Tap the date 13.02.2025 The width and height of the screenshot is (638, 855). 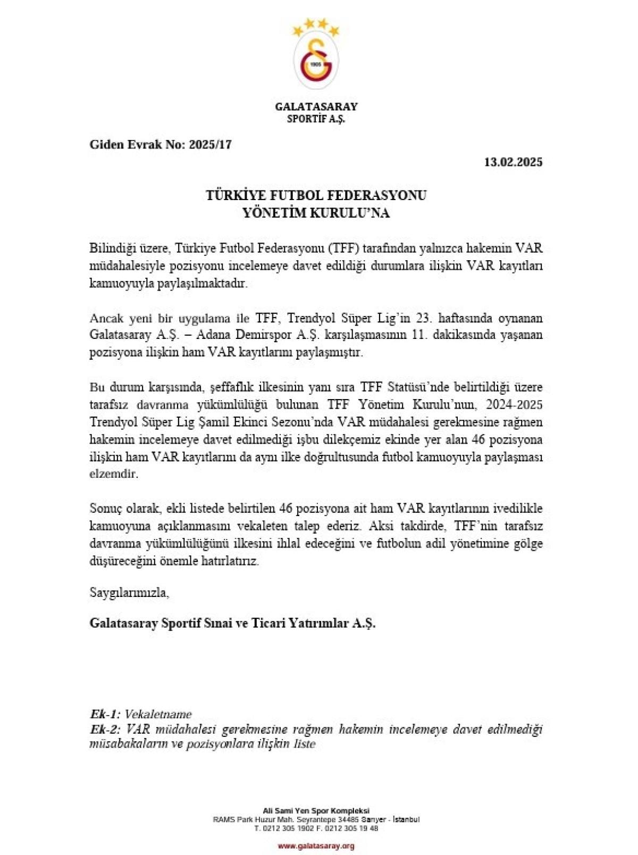(x=513, y=162)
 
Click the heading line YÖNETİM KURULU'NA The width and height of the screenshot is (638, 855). (x=316, y=213)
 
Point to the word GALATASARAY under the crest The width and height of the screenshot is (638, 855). (x=316, y=106)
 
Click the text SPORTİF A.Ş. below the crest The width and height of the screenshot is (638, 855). (x=316, y=119)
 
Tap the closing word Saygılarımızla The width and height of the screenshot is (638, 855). (x=129, y=593)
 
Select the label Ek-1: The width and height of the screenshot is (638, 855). (x=105, y=714)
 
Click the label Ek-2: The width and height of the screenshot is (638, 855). (x=106, y=729)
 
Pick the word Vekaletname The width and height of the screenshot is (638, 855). (x=158, y=714)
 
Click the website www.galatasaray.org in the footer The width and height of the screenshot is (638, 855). (x=316, y=846)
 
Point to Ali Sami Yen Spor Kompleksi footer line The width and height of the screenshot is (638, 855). (x=316, y=811)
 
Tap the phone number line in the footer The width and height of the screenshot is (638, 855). (x=316, y=828)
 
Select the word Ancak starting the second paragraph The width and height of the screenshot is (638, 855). (x=106, y=318)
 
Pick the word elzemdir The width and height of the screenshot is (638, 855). (x=114, y=474)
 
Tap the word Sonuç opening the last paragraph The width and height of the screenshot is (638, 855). (x=105, y=509)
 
